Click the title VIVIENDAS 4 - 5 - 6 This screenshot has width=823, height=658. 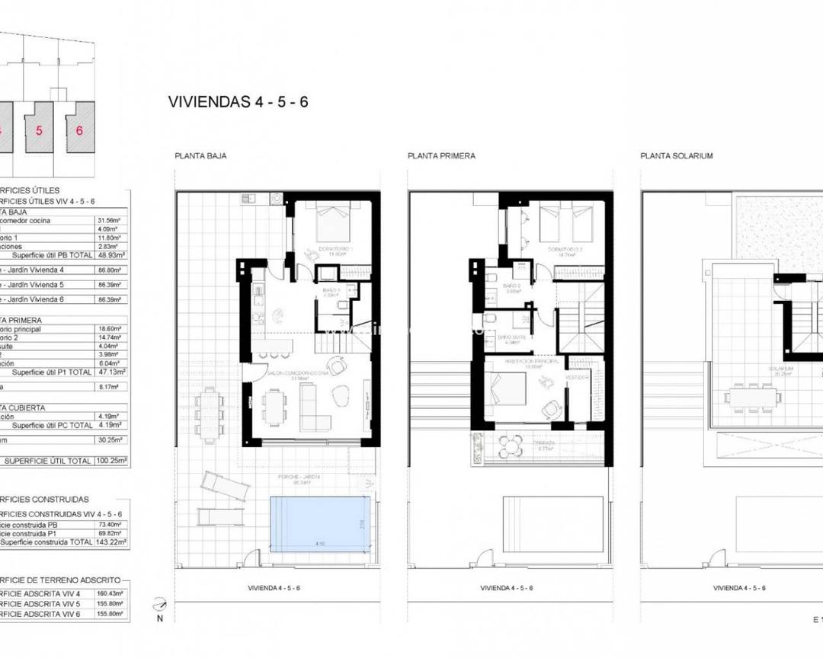click(238, 102)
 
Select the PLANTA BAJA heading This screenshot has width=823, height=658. click(200, 156)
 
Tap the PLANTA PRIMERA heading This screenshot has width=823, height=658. click(441, 156)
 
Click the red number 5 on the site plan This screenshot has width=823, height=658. click(39, 130)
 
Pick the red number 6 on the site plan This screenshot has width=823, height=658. click(79, 130)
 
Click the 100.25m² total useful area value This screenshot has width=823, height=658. click(112, 461)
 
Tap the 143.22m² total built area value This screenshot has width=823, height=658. click(111, 542)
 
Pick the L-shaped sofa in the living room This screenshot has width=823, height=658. click(315, 407)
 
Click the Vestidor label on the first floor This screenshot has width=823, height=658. click(575, 377)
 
